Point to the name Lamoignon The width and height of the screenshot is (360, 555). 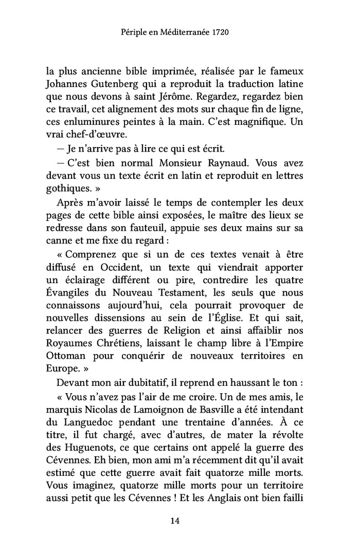coord(165,409)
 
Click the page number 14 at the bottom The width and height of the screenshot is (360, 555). coord(174,521)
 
